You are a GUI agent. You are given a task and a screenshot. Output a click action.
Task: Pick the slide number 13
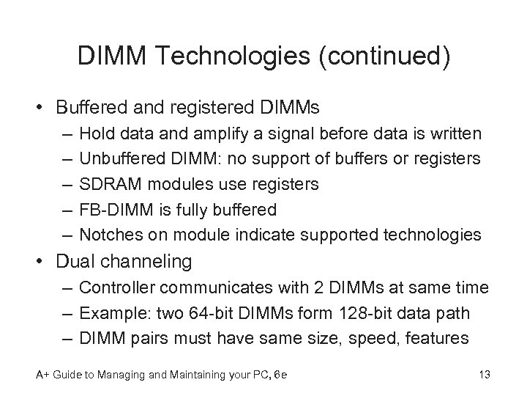[x=482, y=375]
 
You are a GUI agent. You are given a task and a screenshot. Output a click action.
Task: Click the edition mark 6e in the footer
[x=280, y=375]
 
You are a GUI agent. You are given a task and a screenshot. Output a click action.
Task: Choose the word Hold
[x=96, y=134]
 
